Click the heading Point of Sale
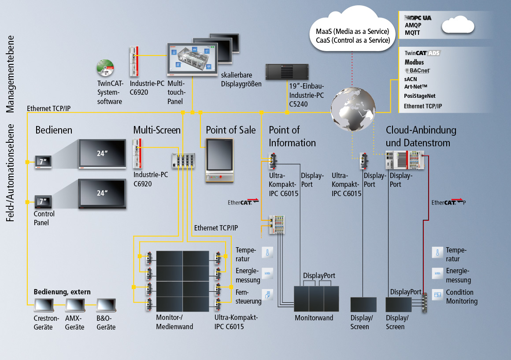[230, 130]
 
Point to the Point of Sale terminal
[220, 160]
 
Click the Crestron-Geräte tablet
[43, 305]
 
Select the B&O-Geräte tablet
[106, 305]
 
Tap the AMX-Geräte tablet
[74, 305]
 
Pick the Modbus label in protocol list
[414, 62]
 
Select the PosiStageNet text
[419, 96]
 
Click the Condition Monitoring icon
[437, 294]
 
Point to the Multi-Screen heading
[157, 130]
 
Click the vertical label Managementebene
[11, 74]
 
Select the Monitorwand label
[314, 318]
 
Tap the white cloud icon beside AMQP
[458, 25]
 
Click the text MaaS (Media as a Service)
[352, 32]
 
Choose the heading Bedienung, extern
[62, 292]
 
